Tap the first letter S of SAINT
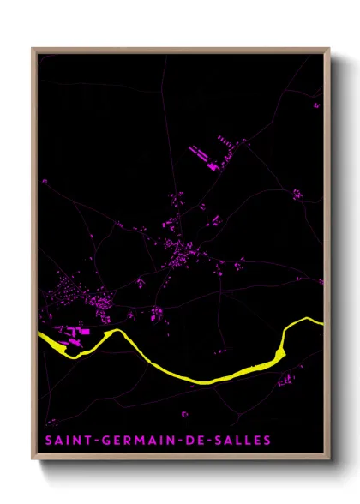(48, 441)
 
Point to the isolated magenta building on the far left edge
(44, 182)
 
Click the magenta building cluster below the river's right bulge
(286, 378)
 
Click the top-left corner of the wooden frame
(33, 49)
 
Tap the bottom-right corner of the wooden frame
(329, 459)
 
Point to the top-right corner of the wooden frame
(329, 49)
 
